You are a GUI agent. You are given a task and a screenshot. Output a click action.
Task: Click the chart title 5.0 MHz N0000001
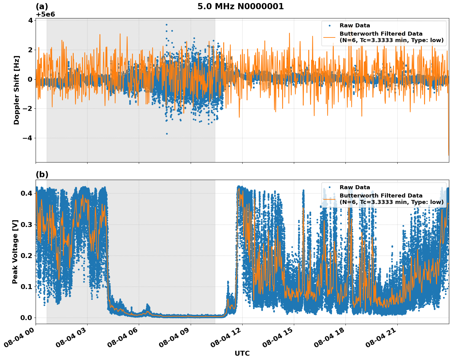pos(240,6)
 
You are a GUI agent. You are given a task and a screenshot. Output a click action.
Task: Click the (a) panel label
pos(42,6)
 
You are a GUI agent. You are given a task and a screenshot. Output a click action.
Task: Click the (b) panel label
pos(42,174)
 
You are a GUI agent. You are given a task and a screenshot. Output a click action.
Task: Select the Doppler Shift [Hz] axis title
pos(17,90)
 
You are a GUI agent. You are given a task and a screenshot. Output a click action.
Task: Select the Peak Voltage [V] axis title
pos(15,252)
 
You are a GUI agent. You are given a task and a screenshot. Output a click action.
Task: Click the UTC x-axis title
pos(242,353)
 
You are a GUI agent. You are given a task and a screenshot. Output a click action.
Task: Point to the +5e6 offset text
pos(45,14)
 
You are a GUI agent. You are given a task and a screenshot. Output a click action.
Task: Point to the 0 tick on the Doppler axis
pos(30,79)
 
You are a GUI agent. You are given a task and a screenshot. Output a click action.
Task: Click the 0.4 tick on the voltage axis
pos(27,193)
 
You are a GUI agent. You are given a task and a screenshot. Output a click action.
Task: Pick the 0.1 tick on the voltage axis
pos(27,287)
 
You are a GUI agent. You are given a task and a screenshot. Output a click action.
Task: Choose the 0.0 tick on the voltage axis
pos(27,318)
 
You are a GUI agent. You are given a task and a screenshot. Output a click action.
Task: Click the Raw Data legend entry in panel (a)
pos(355,25)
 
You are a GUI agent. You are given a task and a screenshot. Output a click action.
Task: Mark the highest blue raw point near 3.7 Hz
pos(166,25)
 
